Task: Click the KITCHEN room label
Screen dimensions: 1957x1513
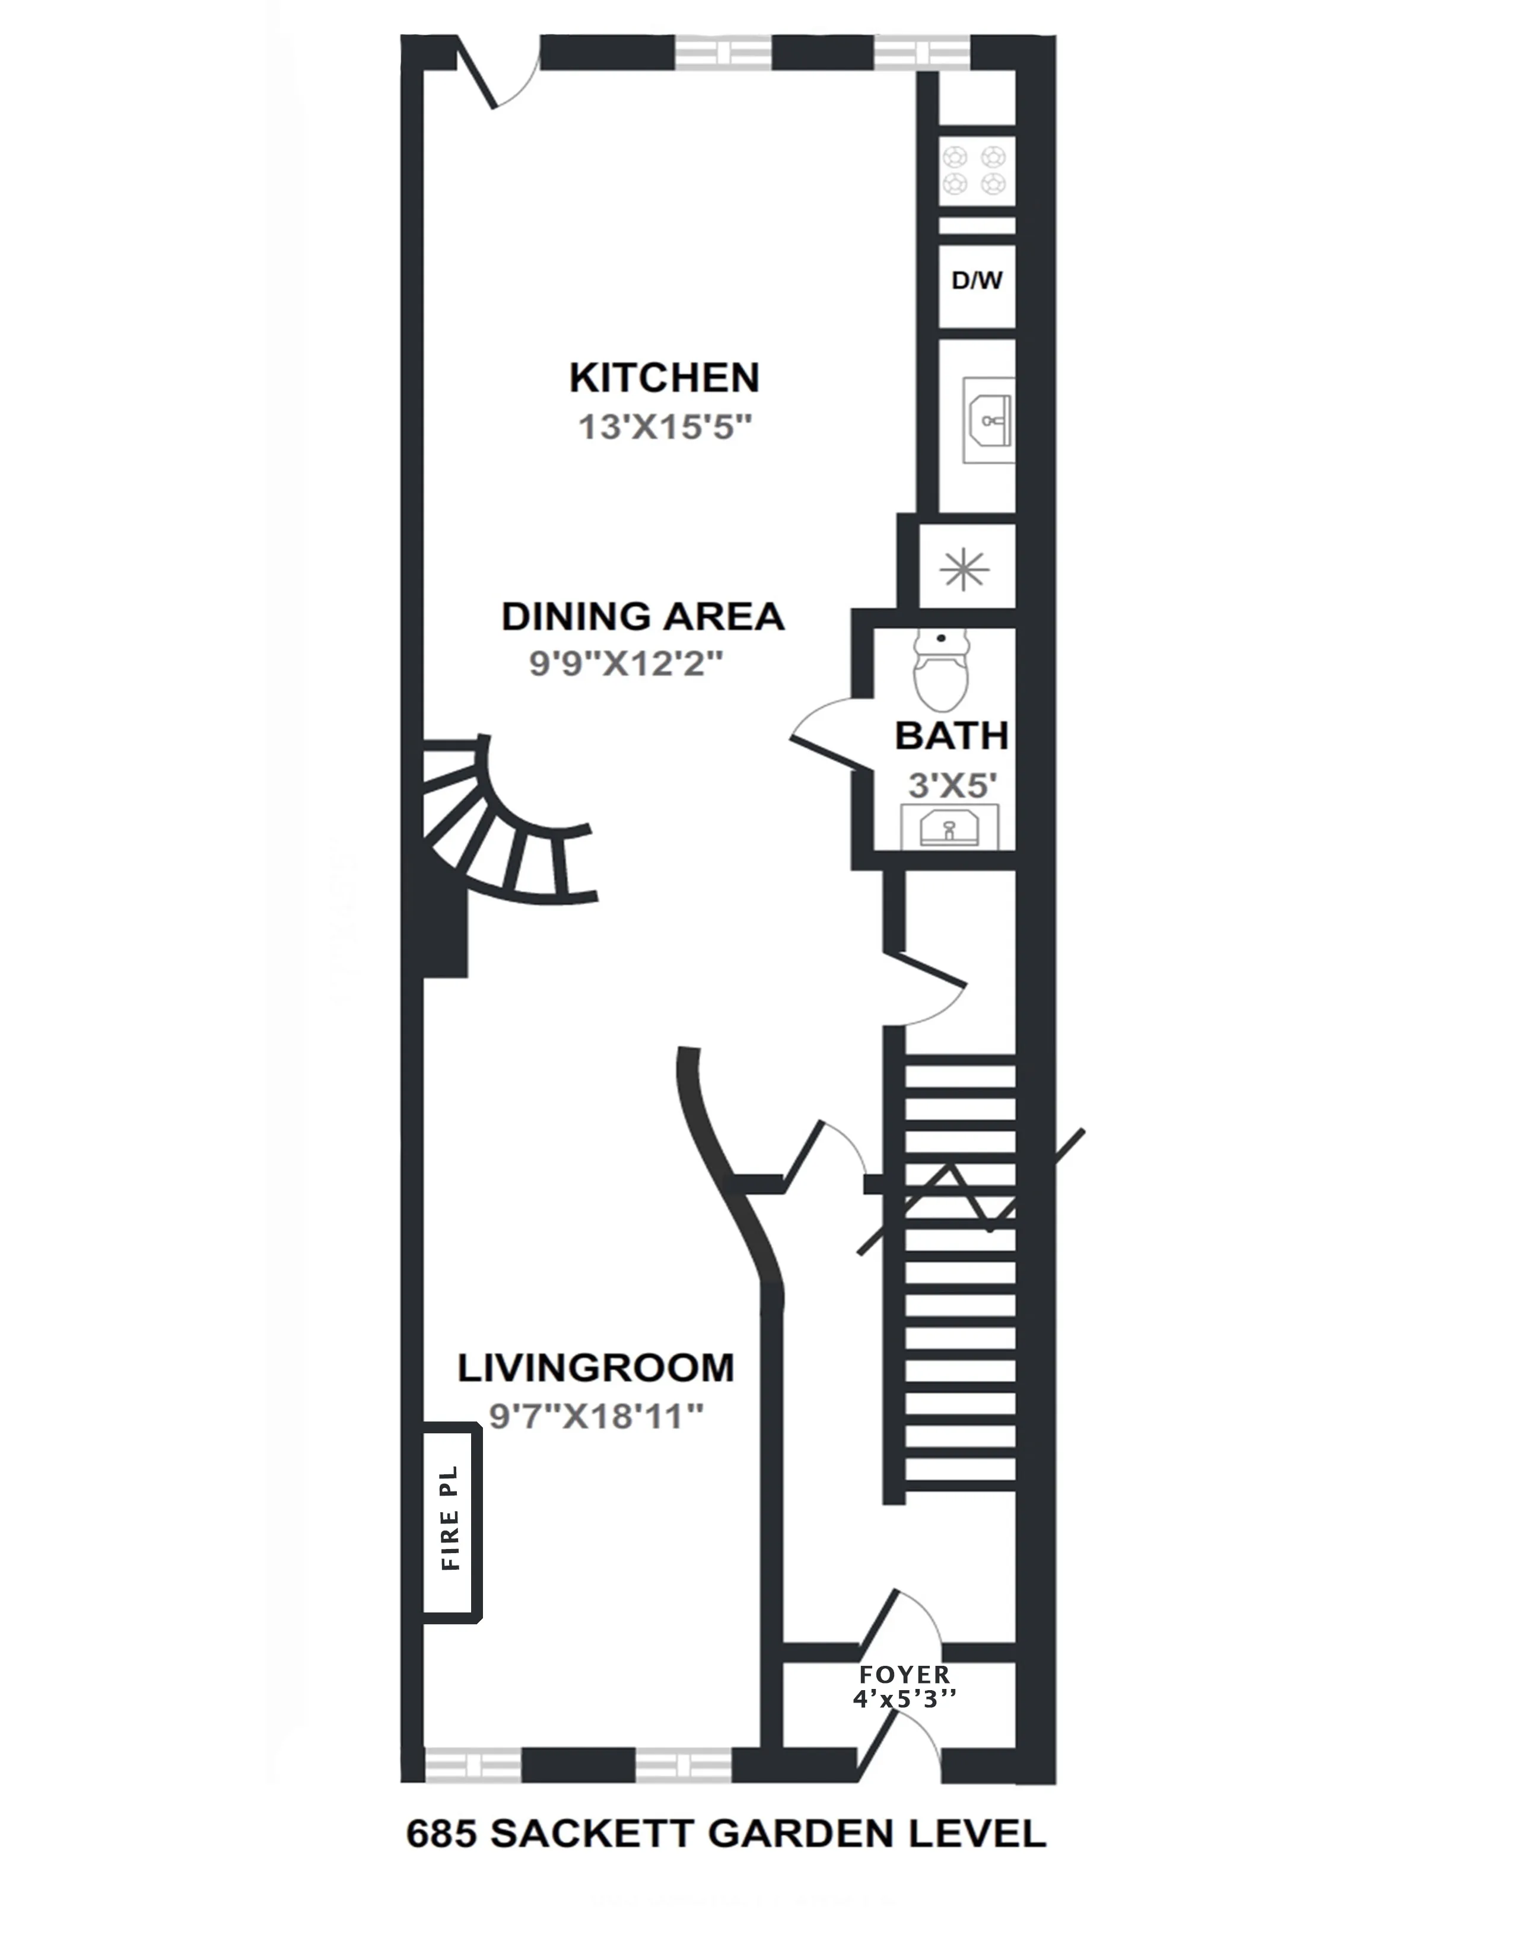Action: coord(664,378)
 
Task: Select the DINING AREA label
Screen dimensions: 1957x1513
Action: coord(643,617)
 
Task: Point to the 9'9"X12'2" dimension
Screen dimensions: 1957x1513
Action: coord(625,664)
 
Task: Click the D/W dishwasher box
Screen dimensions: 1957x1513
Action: coord(976,281)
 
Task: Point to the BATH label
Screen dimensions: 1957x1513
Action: coord(951,736)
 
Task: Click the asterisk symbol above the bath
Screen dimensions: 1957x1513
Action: coord(964,569)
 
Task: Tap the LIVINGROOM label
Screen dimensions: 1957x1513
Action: coord(595,1368)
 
